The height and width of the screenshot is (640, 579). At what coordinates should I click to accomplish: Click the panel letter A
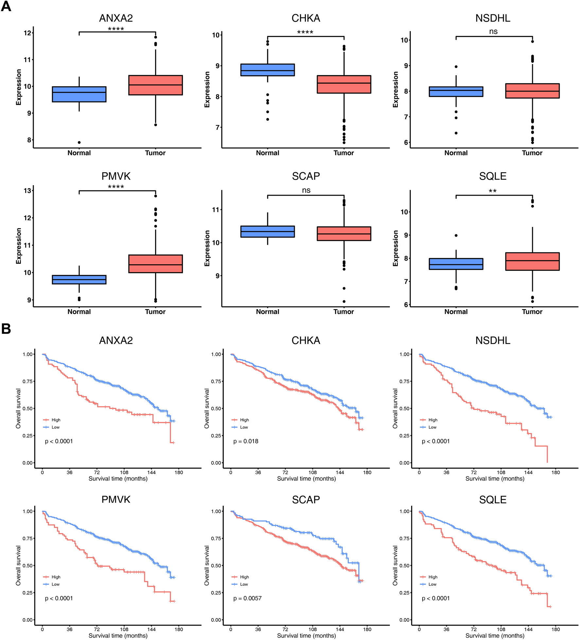pyautogui.click(x=6, y=7)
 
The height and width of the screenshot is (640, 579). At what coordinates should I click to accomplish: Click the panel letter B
pyautogui.click(x=6, y=329)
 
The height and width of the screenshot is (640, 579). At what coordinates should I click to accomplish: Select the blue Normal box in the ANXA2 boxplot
pyautogui.click(x=79, y=94)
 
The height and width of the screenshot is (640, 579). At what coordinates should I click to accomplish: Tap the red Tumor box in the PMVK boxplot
pyautogui.click(x=155, y=264)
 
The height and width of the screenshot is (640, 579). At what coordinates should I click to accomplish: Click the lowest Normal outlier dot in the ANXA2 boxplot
pyautogui.click(x=79, y=142)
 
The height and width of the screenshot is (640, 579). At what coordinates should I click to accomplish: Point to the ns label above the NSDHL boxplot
pyautogui.click(x=493, y=32)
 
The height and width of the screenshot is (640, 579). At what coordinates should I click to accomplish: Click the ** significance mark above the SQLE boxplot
pyautogui.click(x=493, y=191)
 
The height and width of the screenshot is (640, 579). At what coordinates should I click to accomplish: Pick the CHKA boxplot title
pyautogui.click(x=306, y=18)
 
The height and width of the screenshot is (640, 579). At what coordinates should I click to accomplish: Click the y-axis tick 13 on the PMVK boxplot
pyautogui.click(x=27, y=190)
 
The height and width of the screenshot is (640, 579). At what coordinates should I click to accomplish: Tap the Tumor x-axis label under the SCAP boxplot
pyautogui.click(x=343, y=312)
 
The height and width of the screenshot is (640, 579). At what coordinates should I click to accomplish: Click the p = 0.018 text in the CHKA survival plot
pyautogui.click(x=246, y=441)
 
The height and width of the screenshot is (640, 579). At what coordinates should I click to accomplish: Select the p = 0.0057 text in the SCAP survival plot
pyautogui.click(x=247, y=598)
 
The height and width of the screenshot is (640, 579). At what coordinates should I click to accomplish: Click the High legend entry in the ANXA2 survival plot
pyautogui.click(x=56, y=420)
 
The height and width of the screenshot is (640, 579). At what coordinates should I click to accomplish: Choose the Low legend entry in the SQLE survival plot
pyautogui.click(x=432, y=584)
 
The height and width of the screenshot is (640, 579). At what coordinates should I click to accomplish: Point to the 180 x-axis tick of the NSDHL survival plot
pyautogui.click(x=555, y=472)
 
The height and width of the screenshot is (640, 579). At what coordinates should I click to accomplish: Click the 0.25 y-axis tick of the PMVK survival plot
pyautogui.click(x=27, y=593)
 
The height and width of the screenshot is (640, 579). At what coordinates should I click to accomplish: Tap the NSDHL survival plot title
pyautogui.click(x=493, y=340)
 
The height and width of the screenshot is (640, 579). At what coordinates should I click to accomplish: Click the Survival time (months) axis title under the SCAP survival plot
pyautogui.click(x=307, y=635)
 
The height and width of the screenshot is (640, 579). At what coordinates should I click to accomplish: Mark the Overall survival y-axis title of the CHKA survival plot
pyautogui.click(x=207, y=408)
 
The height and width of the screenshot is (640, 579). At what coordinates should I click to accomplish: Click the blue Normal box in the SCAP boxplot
pyautogui.click(x=268, y=232)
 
